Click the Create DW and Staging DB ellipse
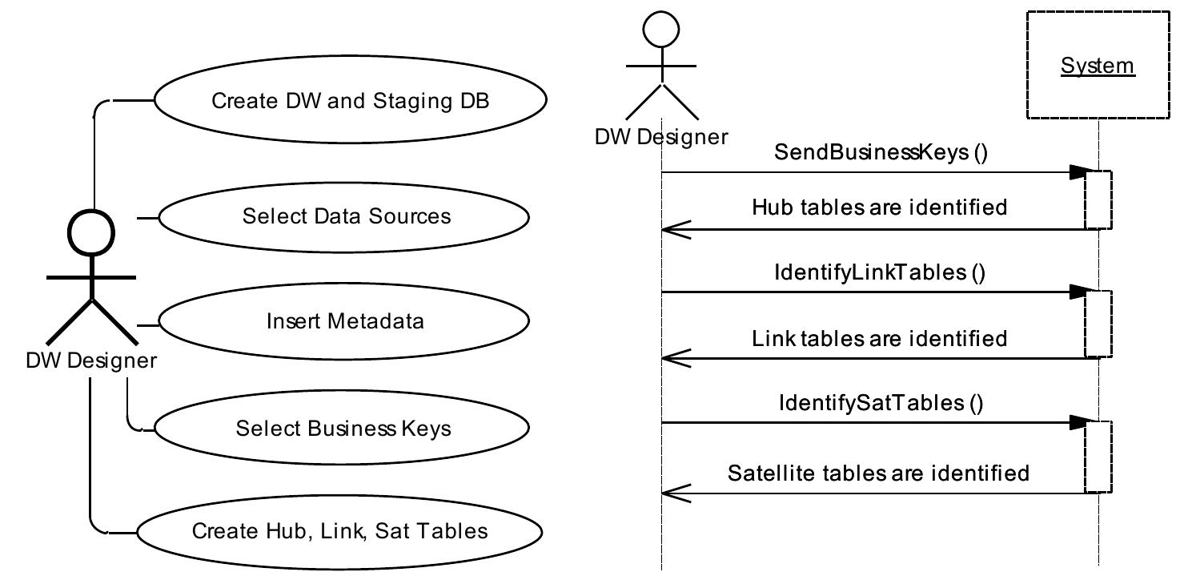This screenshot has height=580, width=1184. (x=350, y=100)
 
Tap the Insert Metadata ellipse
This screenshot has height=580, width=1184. (x=344, y=321)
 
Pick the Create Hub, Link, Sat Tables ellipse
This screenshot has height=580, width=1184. (x=339, y=531)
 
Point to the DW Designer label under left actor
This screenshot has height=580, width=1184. (x=91, y=360)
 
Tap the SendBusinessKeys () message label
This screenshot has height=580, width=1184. (x=881, y=153)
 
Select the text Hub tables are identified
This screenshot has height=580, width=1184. (x=879, y=207)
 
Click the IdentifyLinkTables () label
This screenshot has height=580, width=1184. (x=879, y=272)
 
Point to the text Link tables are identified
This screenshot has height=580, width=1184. (x=879, y=338)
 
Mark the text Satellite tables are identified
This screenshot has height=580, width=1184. (x=878, y=473)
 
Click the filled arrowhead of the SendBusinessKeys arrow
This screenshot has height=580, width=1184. (x=1078, y=172)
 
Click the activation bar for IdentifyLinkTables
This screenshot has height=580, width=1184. (x=1098, y=324)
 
